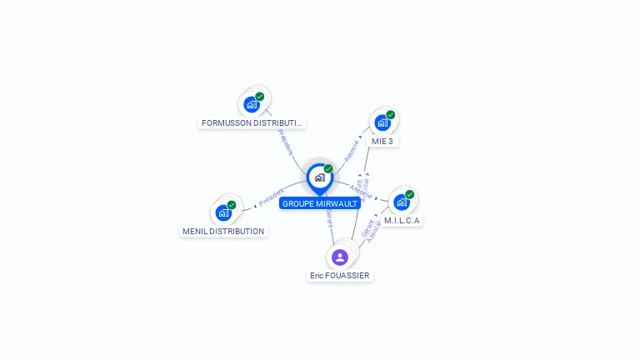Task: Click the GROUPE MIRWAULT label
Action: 320,203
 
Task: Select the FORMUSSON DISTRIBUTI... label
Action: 252,122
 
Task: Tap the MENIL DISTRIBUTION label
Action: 223,231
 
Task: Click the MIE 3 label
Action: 382,141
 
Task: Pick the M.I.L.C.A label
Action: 402,221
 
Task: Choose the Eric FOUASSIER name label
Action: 340,275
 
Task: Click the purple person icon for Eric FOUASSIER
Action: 339,257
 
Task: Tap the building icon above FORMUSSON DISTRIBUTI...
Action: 252,105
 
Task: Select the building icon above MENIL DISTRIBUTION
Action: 223,212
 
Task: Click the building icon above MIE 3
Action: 382,122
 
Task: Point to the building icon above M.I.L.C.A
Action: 402,202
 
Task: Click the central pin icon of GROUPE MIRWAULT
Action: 319,177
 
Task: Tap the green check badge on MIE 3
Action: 391,115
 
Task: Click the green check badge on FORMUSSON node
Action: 260,97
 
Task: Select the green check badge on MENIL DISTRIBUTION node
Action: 232,205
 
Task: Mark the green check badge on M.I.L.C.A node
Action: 410,194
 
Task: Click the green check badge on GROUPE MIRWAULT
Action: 328,169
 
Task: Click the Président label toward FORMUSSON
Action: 286,142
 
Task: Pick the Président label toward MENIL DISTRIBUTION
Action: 272,197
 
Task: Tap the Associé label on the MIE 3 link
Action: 352,150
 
